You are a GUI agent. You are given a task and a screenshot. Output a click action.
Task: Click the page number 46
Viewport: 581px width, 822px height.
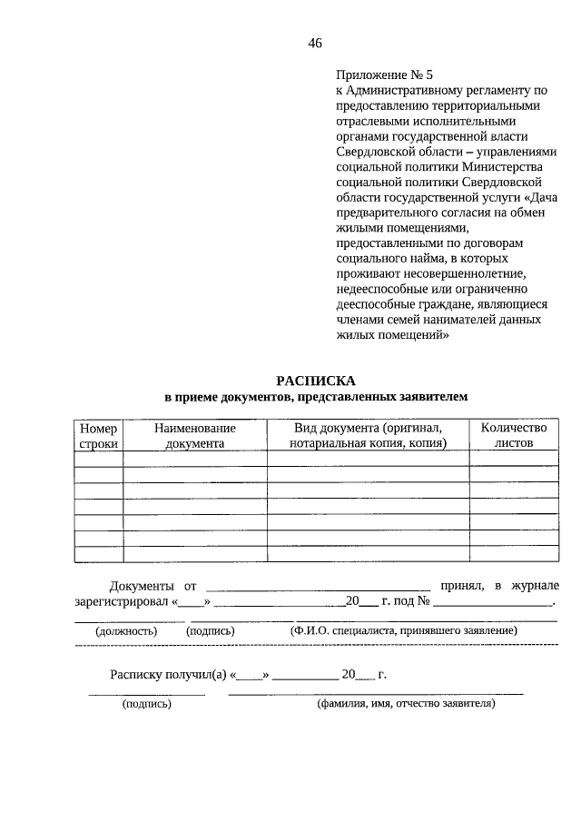(315, 43)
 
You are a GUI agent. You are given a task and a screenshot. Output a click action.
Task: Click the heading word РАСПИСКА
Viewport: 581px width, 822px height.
(317, 381)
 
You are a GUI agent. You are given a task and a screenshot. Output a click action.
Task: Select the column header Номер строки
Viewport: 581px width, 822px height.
(98, 435)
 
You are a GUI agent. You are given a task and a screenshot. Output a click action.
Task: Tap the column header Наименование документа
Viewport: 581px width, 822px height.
(194, 435)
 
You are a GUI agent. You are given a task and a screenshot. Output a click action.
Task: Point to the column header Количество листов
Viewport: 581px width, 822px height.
(513, 435)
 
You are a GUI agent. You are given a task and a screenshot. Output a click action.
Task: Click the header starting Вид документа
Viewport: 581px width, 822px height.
(368, 435)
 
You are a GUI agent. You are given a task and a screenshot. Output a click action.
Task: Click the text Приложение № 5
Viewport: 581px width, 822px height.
(379, 74)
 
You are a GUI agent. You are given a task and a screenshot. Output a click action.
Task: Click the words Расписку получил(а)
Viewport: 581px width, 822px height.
(168, 675)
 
